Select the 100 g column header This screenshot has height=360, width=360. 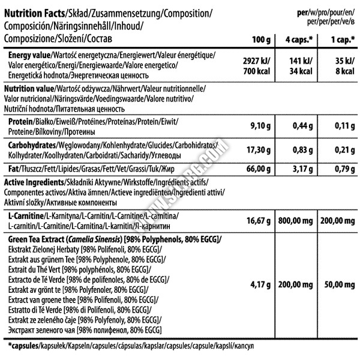click(x=262, y=40)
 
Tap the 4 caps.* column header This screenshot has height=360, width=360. click(x=301, y=40)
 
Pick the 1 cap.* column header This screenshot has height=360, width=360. click(x=339, y=40)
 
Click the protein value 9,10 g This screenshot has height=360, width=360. click(x=262, y=125)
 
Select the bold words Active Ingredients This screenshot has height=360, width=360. click(x=34, y=182)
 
